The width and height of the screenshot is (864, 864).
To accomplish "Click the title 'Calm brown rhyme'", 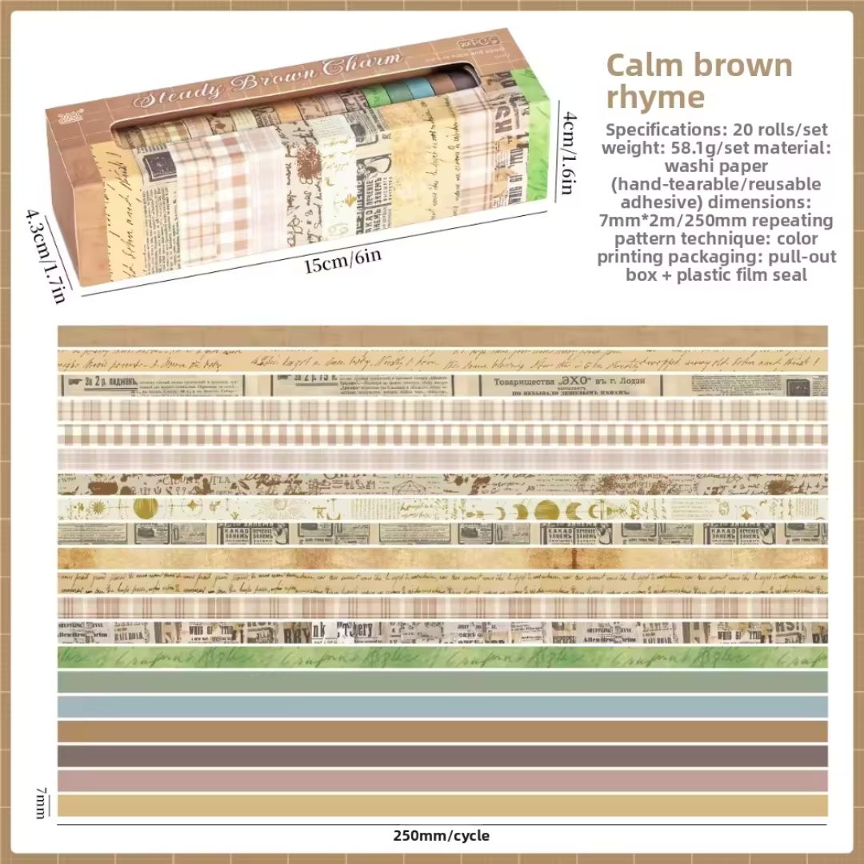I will tap(699, 80).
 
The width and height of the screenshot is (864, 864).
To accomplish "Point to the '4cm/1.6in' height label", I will tap(566, 152).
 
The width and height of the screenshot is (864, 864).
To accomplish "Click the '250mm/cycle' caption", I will tap(441, 836).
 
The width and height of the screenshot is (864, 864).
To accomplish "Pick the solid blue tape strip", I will tap(442, 706).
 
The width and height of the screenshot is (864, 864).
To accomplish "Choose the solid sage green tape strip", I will tap(442, 682).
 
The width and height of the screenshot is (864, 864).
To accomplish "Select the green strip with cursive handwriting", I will tap(442, 657).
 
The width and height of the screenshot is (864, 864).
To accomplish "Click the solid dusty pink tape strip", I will tap(442, 780).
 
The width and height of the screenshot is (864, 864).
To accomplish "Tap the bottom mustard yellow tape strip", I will tap(442, 805).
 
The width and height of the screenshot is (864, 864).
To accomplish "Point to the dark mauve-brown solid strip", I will tap(442, 756).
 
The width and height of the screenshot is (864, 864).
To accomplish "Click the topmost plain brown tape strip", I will tap(442, 336).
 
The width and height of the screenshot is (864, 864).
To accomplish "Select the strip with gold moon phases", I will tap(442, 510).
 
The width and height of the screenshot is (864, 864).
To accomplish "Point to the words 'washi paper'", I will tap(716, 166).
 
